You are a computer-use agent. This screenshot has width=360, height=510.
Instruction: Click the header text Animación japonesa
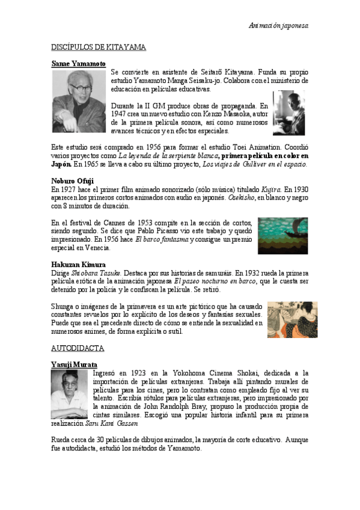(278, 26)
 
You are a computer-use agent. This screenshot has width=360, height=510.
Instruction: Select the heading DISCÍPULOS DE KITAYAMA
(99, 46)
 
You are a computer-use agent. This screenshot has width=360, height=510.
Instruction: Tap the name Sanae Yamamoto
(78, 63)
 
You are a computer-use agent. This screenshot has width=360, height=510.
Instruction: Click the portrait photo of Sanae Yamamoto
(78, 101)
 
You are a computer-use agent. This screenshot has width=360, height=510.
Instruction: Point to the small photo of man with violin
(289, 112)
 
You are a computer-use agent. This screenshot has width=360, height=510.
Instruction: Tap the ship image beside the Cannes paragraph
(283, 235)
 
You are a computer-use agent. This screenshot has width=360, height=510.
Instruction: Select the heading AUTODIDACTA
(78, 348)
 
